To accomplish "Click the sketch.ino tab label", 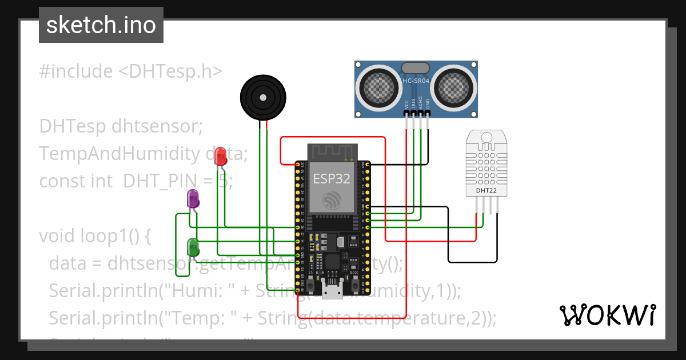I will (101, 25).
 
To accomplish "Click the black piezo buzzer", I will (262, 98).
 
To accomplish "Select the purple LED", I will (193, 199).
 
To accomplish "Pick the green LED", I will (193, 247).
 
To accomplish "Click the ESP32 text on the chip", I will (331, 178).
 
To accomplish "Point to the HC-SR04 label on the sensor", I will (416, 81).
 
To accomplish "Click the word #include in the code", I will (75, 71).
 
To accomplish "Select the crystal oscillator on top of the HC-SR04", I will (416, 68).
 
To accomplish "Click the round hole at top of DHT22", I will (486, 137).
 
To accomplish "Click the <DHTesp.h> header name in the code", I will (170, 71).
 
